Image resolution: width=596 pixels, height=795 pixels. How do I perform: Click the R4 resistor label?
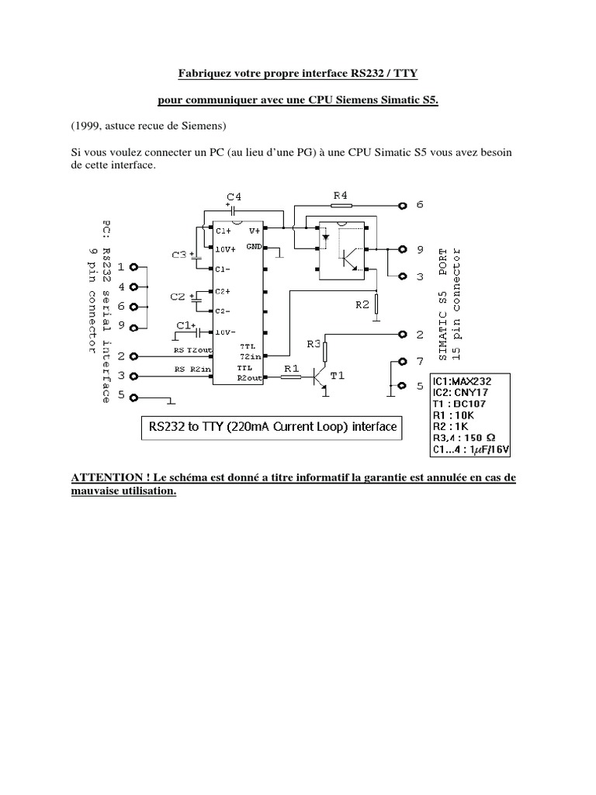click(x=341, y=196)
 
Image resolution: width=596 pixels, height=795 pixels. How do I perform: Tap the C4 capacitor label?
click(x=234, y=197)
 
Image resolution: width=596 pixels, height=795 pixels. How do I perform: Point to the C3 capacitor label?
click(x=179, y=255)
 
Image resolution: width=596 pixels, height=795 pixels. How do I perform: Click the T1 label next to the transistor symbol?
click(x=338, y=374)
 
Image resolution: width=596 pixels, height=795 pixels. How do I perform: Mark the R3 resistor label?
click(x=313, y=342)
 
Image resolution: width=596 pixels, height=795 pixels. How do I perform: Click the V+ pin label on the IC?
click(x=254, y=231)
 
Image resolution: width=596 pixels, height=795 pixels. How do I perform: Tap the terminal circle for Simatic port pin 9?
click(x=402, y=250)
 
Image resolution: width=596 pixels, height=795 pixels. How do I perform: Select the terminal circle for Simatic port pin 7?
click(x=402, y=363)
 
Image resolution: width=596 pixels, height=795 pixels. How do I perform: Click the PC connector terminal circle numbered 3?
click(x=133, y=377)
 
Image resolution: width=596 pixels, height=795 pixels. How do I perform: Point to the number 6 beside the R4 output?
click(x=420, y=205)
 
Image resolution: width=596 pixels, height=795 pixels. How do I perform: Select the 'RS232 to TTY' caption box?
click(x=271, y=426)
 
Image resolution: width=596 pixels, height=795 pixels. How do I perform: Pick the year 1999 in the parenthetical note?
click(x=88, y=125)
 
